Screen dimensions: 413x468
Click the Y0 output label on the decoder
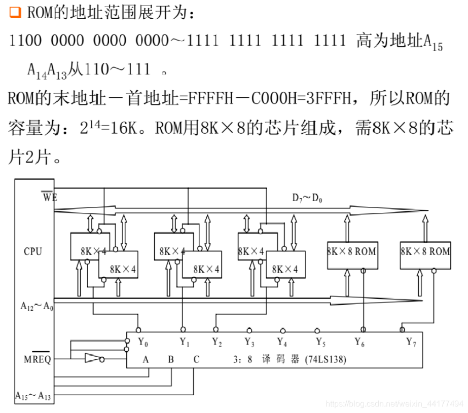143,343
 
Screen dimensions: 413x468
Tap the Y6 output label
360,343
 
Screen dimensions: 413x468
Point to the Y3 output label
249,343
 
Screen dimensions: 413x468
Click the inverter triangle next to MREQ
93,359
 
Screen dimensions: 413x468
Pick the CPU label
33,251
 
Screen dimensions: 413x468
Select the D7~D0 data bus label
307,198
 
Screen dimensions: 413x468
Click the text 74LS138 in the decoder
326,360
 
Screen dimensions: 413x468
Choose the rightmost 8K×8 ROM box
425,251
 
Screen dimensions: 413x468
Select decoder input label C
196,360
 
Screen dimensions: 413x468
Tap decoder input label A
146,360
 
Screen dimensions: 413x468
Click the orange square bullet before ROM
15,13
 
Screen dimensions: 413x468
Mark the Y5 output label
320,343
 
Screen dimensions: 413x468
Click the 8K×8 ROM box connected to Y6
351,251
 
